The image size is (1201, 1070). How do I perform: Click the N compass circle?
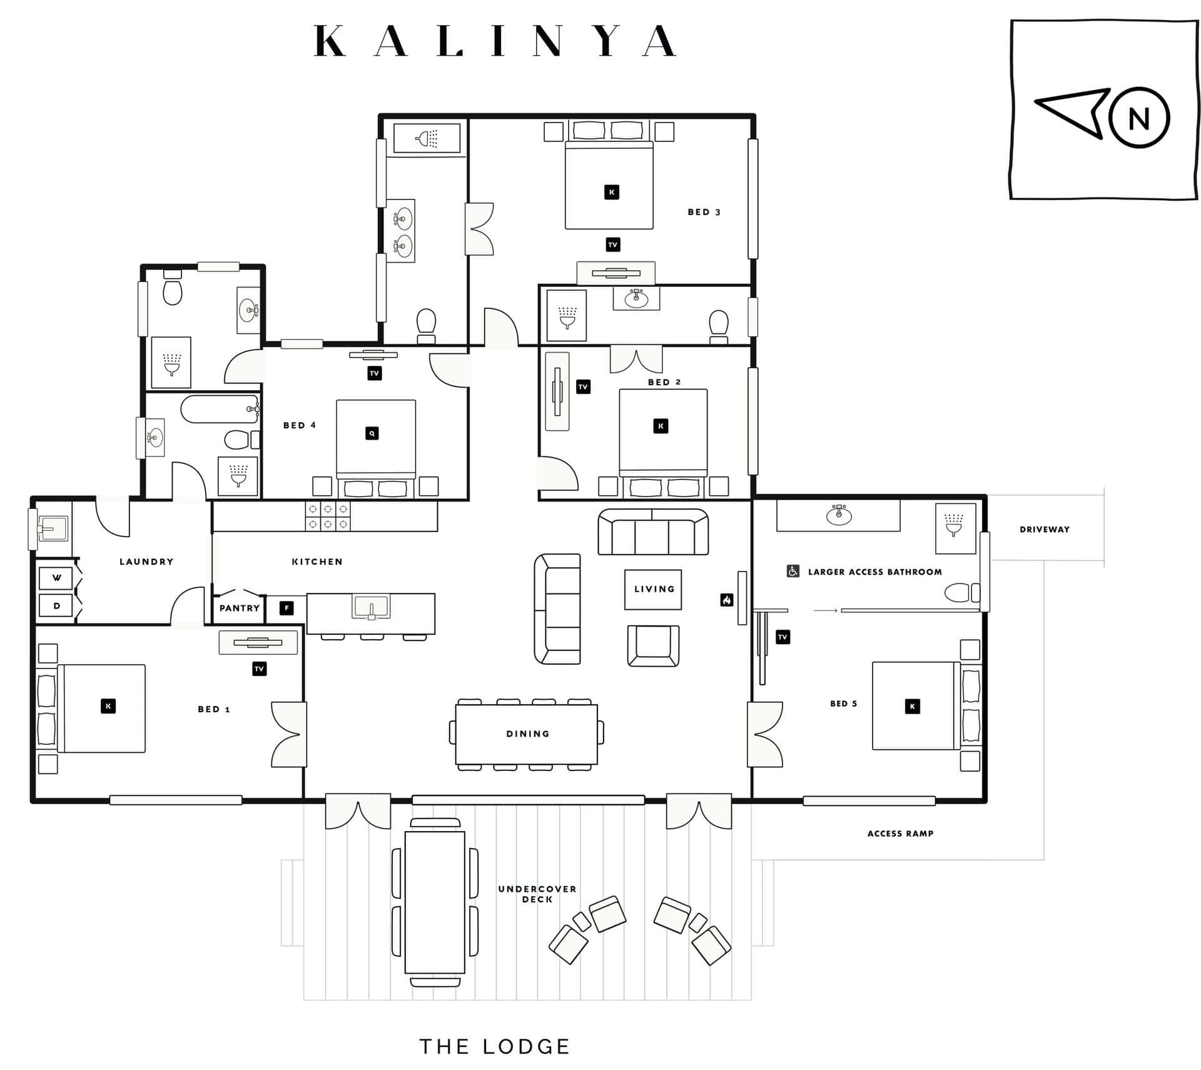click(1138, 118)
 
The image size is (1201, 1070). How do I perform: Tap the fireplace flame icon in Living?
click(726, 600)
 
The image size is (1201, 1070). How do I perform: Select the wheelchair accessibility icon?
click(793, 571)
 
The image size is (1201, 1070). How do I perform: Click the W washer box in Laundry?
click(56, 578)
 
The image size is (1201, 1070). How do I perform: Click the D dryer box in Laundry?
click(56, 606)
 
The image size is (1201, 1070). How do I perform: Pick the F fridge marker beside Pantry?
click(286, 608)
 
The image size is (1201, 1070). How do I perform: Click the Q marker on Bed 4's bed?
click(372, 433)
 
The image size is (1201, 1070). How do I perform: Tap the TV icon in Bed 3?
click(613, 245)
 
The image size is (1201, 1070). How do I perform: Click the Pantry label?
click(239, 608)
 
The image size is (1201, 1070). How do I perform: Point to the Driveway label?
click(1044, 529)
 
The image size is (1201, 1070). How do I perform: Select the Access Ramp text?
click(900, 833)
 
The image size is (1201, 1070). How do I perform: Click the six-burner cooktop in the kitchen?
click(328, 517)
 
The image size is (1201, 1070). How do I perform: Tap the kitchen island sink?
click(371, 607)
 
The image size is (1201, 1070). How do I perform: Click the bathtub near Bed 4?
click(220, 409)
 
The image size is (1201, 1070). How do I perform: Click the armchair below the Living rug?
click(653, 645)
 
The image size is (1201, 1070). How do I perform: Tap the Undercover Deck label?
click(537, 894)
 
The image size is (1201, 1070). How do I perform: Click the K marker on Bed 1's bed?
click(108, 706)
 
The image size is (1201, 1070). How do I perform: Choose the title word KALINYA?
click(495, 41)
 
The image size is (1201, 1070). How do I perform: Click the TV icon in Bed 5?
click(783, 637)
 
